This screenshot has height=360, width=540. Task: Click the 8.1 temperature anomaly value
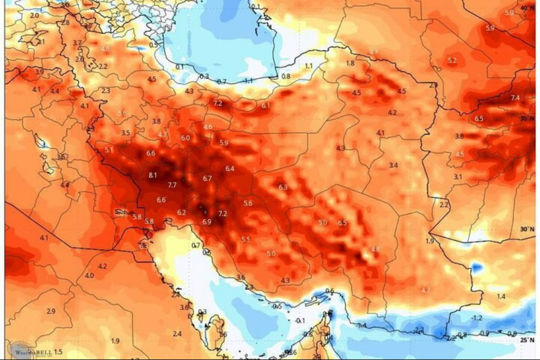(x=153, y=175)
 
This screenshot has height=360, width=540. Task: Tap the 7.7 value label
(x=172, y=185)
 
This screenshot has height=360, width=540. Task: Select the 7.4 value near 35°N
(x=515, y=98)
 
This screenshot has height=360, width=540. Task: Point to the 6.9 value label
(x=207, y=221)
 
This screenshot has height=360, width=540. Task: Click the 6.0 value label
(x=185, y=138)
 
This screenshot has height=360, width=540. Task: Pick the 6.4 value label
(x=230, y=168)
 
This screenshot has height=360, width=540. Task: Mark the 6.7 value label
(x=207, y=178)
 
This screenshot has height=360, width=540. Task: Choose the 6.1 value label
(x=266, y=106)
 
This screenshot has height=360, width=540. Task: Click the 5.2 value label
(x=452, y=61)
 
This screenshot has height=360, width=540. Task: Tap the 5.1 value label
(x=109, y=150)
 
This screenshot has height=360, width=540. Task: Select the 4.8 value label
(x=375, y=250)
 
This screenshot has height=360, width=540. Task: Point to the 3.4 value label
(x=394, y=165)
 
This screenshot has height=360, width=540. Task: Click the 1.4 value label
(x=501, y=296)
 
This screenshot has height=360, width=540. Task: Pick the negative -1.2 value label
(x=476, y=317)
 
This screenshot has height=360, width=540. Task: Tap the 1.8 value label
(x=350, y=63)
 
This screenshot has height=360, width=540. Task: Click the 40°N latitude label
(x=527, y=9)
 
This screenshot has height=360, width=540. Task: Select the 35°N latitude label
(x=527, y=118)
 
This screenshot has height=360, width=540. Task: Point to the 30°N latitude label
(x=527, y=230)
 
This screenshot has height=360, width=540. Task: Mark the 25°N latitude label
(x=527, y=340)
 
